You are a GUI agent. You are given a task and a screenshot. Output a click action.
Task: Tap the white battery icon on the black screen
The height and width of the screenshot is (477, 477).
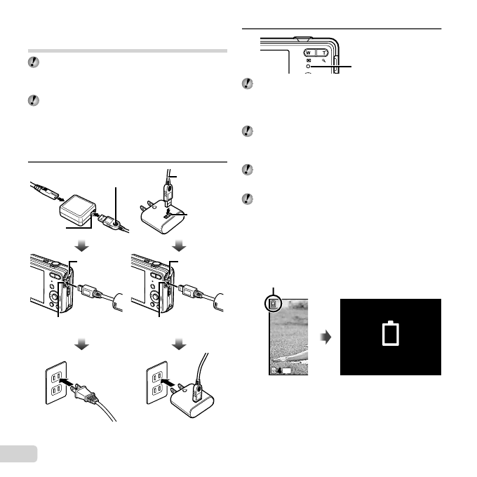[390, 335]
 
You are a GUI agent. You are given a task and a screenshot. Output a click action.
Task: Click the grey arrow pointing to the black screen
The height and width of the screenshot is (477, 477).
[324, 337]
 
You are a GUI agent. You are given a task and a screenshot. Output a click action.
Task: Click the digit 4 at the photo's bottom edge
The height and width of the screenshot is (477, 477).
[278, 370]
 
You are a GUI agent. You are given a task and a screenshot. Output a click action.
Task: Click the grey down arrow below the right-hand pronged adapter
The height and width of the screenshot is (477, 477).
[179, 246]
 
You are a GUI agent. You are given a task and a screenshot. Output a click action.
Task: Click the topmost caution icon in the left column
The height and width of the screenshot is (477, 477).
[34, 63]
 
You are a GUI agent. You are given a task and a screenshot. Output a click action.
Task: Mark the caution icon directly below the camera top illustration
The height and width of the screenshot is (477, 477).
[248, 84]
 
